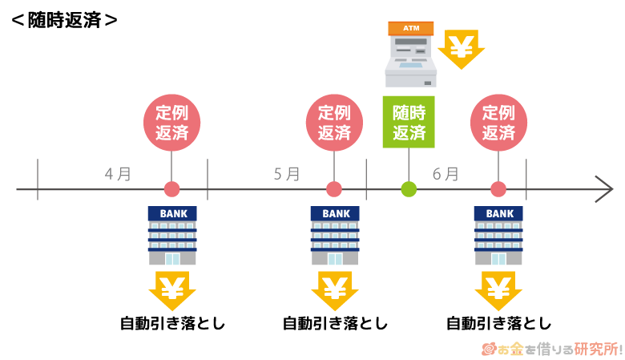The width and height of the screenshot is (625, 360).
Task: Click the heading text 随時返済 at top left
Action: [x=64, y=19]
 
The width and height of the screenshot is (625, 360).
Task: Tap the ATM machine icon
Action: [x=409, y=54]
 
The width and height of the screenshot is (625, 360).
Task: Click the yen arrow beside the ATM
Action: [x=461, y=50]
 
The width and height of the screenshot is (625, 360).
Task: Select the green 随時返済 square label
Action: [x=409, y=123]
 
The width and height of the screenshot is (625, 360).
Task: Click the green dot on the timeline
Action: [x=409, y=190]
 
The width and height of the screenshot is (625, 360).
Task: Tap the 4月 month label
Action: [x=117, y=173]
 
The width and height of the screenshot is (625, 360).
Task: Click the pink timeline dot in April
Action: [x=171, y=190]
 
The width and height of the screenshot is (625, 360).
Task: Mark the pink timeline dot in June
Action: [x=498, y=190]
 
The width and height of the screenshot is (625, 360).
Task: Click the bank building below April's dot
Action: [x=172, y=236]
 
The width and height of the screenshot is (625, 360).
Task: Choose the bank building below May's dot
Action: [x=335, y=236]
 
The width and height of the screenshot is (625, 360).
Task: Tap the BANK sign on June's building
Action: [x=498, y=214]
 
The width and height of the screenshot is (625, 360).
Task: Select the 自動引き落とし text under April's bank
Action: [x=172, y=324]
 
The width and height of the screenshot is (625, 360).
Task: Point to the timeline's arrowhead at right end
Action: [x=604, y=190]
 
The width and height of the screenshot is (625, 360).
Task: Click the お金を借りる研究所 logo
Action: [x=552, y=349]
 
